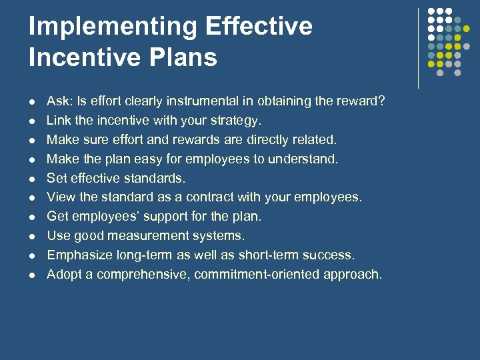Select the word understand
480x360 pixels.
point(307,159)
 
